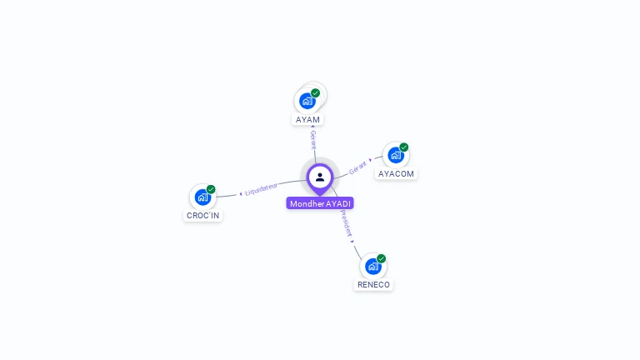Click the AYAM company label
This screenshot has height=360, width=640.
307,119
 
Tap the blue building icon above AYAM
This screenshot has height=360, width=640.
307,101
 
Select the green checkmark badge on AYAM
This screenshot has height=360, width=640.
316,93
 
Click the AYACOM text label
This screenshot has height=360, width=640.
396,174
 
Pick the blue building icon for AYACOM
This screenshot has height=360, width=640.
395,155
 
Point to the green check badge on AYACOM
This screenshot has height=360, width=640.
404,147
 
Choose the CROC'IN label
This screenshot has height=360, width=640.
202,215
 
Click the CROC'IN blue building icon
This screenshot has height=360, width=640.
202,197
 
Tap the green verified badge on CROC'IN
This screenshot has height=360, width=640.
211,189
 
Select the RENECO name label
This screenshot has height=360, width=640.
373,284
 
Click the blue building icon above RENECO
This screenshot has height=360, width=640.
372,267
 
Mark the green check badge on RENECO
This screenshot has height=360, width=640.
382,258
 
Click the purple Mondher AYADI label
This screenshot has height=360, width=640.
321,203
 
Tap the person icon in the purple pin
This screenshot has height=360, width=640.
320,177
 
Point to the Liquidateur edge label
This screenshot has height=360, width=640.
261,188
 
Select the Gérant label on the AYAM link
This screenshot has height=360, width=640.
312,139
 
